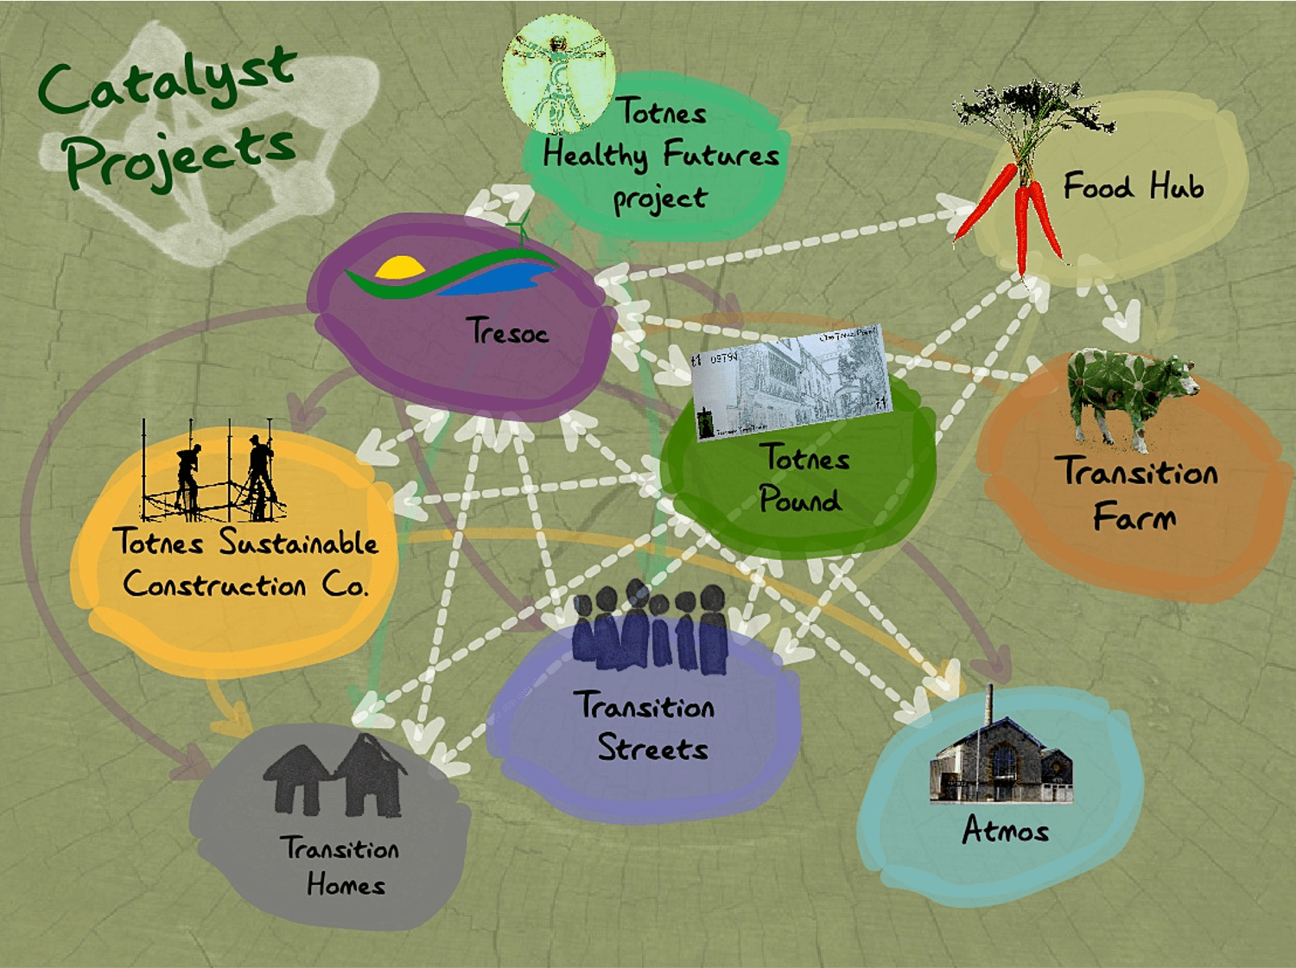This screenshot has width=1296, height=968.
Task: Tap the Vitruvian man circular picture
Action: pyautogui.click(x=558, y=73)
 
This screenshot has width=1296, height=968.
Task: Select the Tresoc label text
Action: pyautogui.click(x=507, y=332)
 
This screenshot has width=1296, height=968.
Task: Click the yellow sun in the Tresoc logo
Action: pyautogui.click(x=400, y=268)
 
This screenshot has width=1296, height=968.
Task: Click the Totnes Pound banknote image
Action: pyautogui.click(x=791, y=383)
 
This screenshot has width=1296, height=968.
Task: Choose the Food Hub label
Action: pyautogui.click(x=1133, y=187)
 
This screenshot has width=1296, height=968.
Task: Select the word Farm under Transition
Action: pyautogui.click(x=1134, y=517)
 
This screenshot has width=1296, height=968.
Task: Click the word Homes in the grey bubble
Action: pyautogui.click(x=346, y=885)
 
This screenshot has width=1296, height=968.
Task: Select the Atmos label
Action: pyautogui.click(x=1005, y=831)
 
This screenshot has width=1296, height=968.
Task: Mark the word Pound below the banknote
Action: pyautogui.click(x=800, y=500)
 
